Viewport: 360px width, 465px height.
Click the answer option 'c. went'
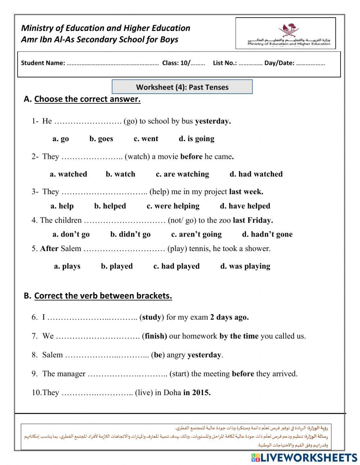click(146, 139)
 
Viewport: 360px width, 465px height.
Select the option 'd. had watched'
click(256, 174)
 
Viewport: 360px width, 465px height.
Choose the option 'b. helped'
click(110, 206)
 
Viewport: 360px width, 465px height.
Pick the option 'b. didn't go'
click(130, 234)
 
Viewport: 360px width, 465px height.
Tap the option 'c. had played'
click(176, 266)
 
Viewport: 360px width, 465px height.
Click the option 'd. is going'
click(197, 139)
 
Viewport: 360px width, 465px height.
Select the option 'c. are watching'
click(182, 174)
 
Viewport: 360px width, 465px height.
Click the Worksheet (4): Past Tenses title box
click(182, 87)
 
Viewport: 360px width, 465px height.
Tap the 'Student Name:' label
click(43, 63)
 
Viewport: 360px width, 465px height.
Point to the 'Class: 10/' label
click(176, 63)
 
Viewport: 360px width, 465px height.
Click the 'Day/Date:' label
click(279, 63)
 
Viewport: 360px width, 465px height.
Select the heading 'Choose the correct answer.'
click(87, 99)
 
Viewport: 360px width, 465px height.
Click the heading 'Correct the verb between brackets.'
click(103, 296)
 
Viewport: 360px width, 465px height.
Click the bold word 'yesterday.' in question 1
click(213, 121)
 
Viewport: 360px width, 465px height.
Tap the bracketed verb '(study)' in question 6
click(152, 317)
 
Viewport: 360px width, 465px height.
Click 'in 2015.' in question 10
click(197, 392)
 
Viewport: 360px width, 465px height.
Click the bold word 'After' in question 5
click(49, 249)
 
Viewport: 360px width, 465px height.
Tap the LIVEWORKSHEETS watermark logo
click(304, 457)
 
